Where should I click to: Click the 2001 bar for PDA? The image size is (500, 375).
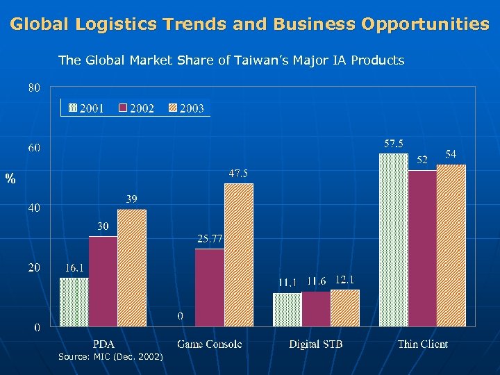(x=74, y=302)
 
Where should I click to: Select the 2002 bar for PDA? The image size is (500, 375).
(x=103, y=281)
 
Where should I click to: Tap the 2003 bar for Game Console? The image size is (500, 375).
(x=238, y=255)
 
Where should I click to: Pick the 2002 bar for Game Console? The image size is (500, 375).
(x=210, y=287)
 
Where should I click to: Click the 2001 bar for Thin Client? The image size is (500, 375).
(x=394, y=240)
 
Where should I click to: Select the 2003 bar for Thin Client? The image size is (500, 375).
(x=451, y=245)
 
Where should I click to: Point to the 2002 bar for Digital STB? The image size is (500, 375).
(x=316, y=309)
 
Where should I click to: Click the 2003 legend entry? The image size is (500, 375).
(x=185, y=108)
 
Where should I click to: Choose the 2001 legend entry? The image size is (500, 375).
(x=86, y=108)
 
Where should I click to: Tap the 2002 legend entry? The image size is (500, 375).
(x=136, y=108)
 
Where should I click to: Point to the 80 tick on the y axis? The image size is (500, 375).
(x=34, y=87)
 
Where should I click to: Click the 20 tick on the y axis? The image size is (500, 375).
(x=34, y=267)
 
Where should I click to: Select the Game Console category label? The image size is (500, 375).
(x=209, y=344)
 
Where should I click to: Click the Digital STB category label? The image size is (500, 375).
(x=316, y=344)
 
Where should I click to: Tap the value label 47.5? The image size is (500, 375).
(x=238, y=174)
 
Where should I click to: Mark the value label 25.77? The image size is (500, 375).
(x=209, y=239)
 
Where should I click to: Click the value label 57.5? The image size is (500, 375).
(x=394, y=144)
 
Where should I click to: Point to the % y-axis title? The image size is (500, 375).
(x=10, y=180)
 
